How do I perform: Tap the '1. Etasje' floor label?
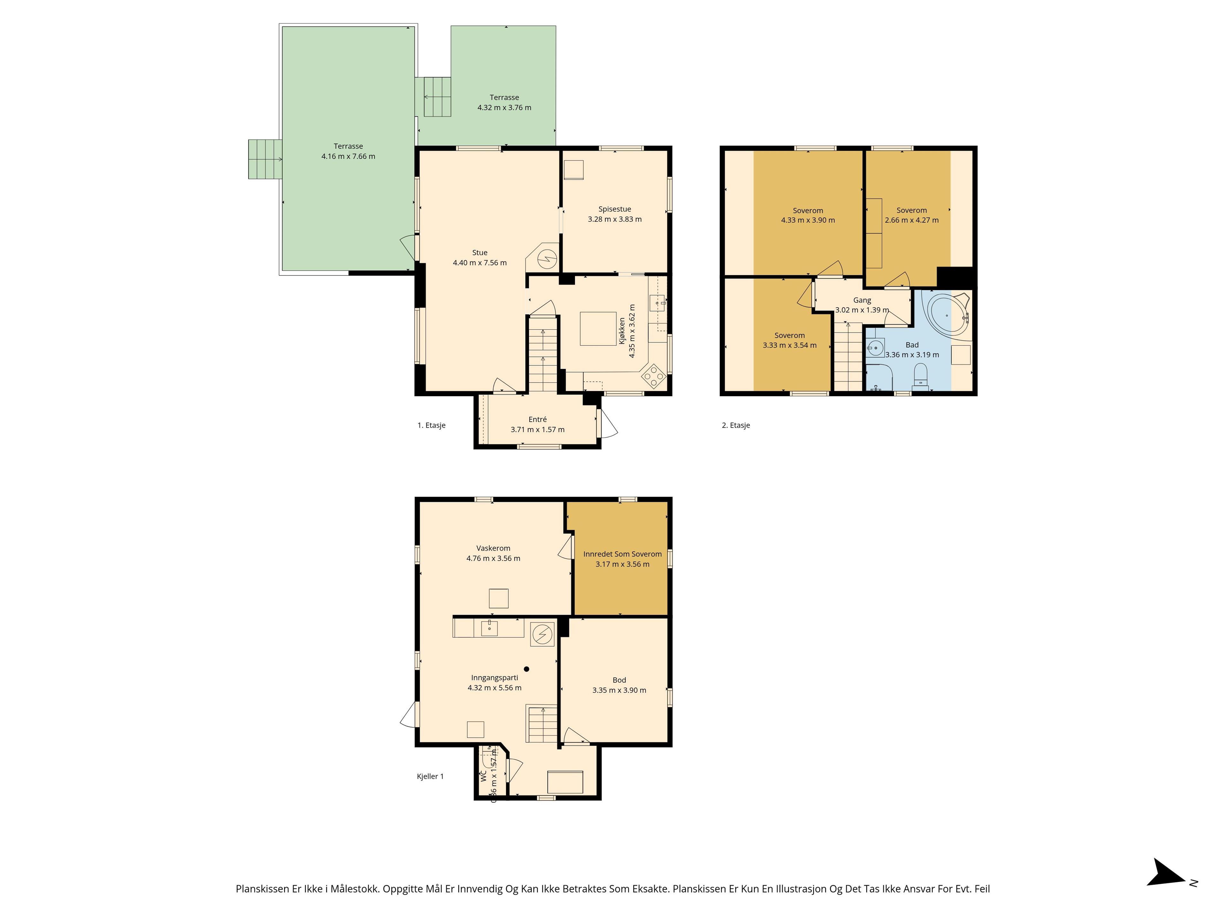[x=431, y=425]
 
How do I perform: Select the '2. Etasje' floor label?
[x=736, y=425]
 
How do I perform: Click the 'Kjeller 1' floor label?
[x=430, y=776]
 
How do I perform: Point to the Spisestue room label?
[x=615, y=209]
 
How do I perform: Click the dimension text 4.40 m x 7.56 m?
[x=480, y=263]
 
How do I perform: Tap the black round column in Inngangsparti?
[x=526, y=669]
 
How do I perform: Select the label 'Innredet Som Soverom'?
[x=623, y=554]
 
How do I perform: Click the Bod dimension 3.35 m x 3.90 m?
[x=619, y=690]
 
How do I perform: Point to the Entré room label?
[x=538, y=419]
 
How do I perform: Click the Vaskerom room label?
[x=493, y=548]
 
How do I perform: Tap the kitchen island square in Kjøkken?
[x=598, y=329]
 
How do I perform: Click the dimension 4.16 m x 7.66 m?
[x=348, y=157]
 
